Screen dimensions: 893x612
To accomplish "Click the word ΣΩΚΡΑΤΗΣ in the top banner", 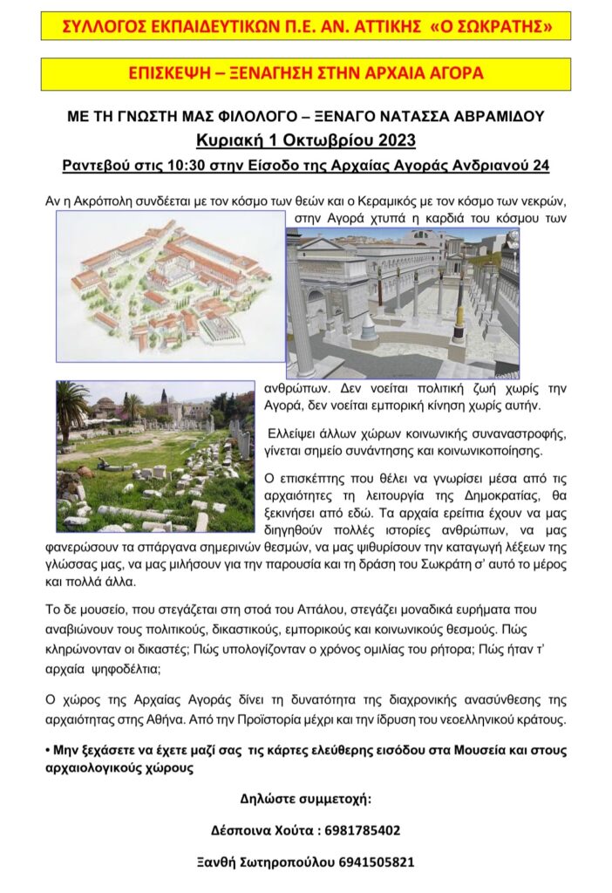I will coord(504,27).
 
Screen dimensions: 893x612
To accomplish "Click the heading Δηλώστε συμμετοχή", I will coord(305,798).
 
